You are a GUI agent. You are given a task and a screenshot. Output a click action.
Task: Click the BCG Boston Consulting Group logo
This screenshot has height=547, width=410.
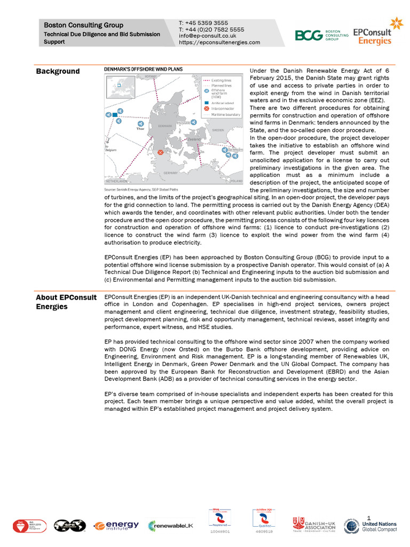tap(321, 35)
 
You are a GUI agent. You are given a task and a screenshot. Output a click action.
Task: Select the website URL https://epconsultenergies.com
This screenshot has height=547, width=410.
tap(219, 43)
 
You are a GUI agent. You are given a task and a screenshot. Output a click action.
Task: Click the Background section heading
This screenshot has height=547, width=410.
tap(58, 72)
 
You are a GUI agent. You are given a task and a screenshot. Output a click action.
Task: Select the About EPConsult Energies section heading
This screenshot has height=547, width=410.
tap(66, 302)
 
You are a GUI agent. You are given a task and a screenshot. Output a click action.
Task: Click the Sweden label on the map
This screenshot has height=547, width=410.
tap(218, 130)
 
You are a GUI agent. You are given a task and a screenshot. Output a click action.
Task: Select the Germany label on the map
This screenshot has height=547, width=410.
tap(170, 173)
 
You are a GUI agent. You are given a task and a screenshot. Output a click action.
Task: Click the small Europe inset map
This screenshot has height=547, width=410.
tap(120, 88)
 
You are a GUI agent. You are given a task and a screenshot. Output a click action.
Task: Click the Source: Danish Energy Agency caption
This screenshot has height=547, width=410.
tap(140, 190)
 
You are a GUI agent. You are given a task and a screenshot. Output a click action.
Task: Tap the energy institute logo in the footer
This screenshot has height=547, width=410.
tap(116, 526)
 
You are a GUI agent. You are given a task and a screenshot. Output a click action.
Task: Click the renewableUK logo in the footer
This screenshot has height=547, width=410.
tap(170, 526)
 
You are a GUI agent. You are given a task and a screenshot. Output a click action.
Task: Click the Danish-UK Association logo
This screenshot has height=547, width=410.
tap(314, 525)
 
